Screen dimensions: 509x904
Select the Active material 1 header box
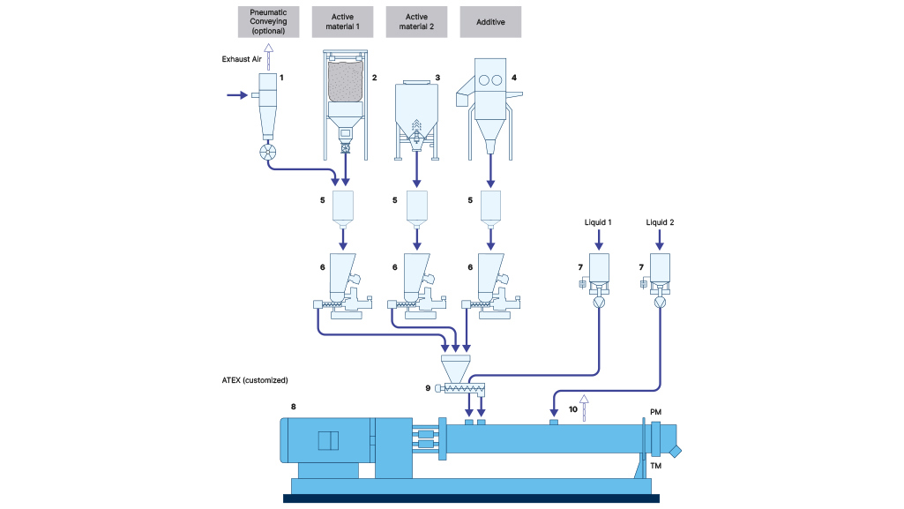point(343,22)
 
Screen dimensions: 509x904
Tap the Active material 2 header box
point(416,22)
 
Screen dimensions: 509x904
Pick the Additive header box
point(490,22)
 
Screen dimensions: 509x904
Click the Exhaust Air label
point(240,59)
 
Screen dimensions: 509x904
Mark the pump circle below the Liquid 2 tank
point(659,302)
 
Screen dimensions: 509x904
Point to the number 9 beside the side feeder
point(429,387)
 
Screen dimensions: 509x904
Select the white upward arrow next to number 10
point(583,407)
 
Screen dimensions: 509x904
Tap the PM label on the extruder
point(655,411)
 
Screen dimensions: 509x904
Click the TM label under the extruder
point(655,465)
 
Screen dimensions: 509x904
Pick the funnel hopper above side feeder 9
point(455,366)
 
